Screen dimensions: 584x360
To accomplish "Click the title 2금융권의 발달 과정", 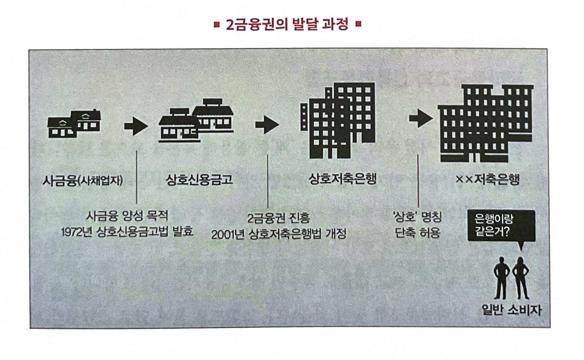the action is [287, 25].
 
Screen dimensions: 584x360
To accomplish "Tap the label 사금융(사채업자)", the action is [83, 180].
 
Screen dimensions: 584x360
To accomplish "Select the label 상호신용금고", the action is [199, 179].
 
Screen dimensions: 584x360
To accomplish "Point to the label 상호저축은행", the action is [343, 178].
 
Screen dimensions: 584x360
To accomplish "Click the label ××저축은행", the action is [487, 179].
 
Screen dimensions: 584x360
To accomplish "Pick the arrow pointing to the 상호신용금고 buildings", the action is [136, 126].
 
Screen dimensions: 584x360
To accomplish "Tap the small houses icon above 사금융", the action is [74, 123].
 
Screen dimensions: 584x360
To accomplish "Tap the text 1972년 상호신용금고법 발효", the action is [127, 232].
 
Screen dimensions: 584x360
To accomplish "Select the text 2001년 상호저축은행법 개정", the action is [279, 235].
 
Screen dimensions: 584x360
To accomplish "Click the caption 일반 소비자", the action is [511, 310].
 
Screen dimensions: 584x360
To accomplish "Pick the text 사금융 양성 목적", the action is [127, 216].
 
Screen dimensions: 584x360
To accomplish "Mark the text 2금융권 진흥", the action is [279, 218].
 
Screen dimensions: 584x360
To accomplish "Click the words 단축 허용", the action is [417, 233].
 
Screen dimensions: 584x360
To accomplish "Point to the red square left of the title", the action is [216, 25].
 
